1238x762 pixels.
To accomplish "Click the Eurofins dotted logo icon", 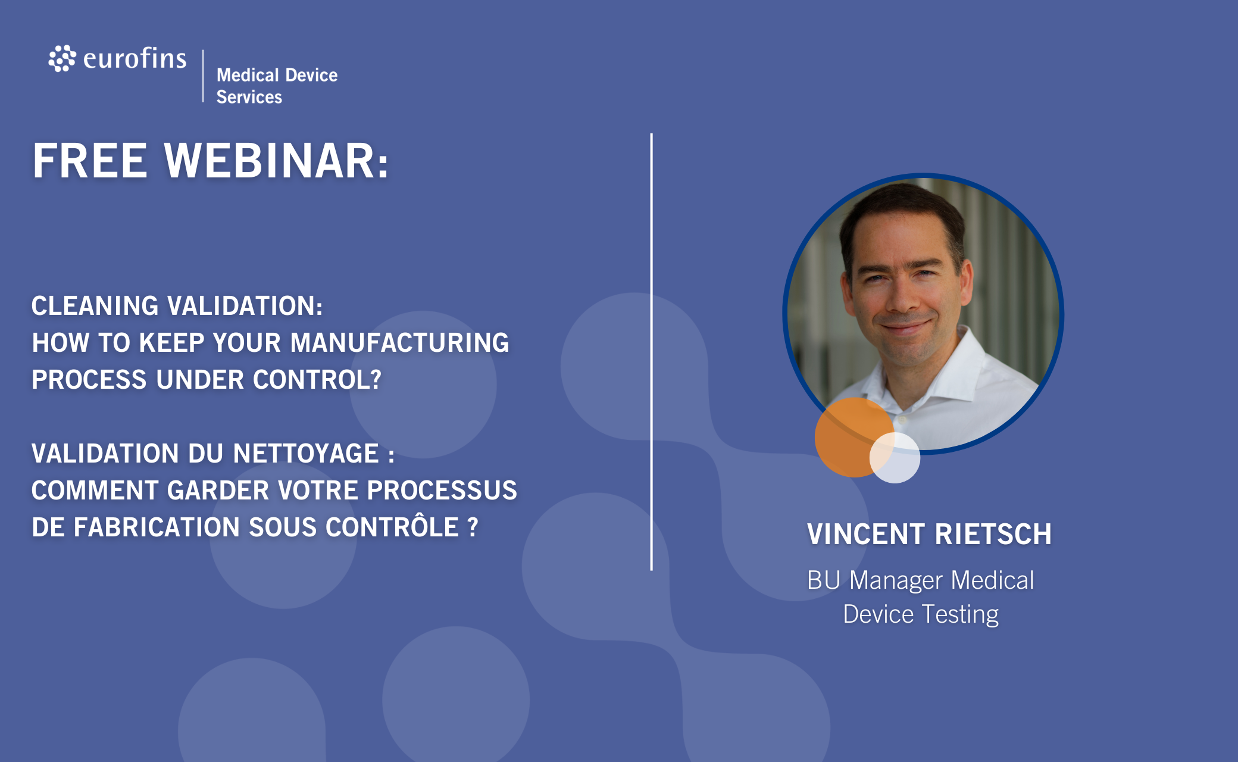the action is point(62,58).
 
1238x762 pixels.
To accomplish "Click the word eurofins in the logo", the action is point(135,58).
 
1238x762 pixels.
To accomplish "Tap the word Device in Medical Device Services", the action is point(311,75).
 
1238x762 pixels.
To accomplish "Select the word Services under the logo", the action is point(249,97).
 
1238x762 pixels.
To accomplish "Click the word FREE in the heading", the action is point(90,161).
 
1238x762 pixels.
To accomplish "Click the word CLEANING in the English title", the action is point(95,306).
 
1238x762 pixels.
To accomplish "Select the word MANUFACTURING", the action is point(399,343).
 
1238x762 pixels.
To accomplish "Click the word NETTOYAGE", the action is point(306,454).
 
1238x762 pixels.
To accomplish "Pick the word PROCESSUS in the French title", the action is point(442,491).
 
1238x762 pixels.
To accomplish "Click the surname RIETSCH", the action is point(993,534).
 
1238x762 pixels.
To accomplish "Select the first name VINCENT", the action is point(866,534).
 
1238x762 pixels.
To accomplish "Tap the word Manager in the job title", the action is point(896,581).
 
